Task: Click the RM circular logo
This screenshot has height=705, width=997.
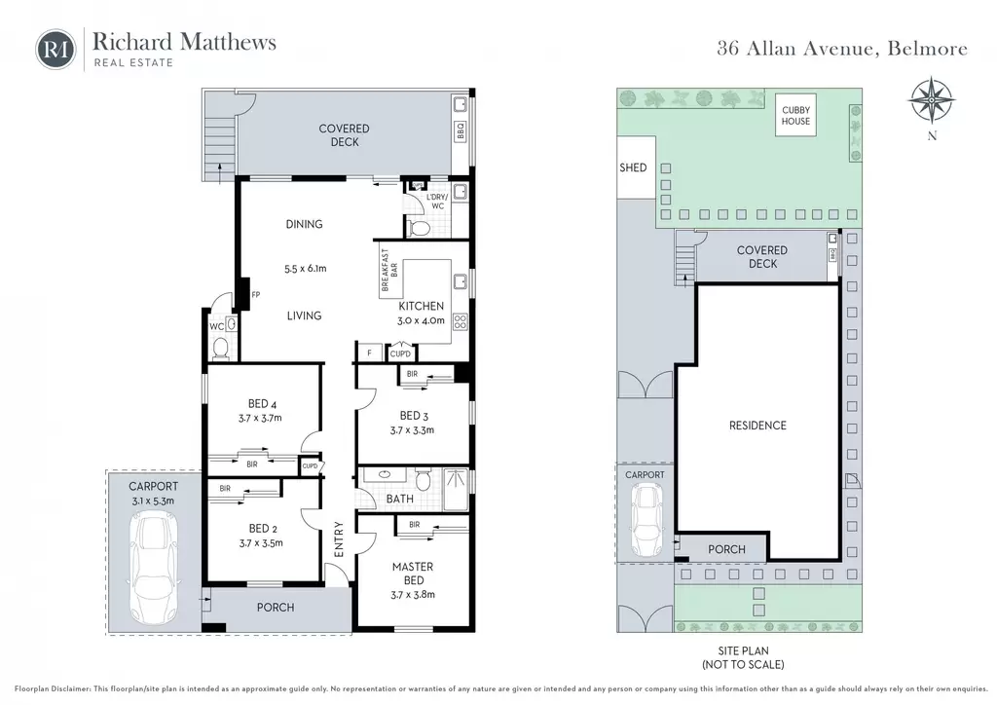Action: (x=55, y=49)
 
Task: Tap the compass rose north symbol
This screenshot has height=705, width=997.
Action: (x=932, y=100)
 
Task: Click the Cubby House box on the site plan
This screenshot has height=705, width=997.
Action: (x=795, y=115)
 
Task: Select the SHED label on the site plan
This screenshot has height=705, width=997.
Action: (x=633, y=167)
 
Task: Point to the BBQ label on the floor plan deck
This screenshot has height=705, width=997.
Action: (x=461, y=131)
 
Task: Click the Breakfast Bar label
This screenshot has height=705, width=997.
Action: (x=388, y=270)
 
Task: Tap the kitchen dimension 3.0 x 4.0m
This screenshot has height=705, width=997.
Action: (x=421, y=320)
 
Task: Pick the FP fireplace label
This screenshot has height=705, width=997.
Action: (x=256, y=295)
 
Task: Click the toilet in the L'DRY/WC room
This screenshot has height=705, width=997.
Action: (x=417, y=228)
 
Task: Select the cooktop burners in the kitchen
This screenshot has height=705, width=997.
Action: (x=461, y=321)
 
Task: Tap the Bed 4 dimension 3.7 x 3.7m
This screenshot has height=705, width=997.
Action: (x=260, y=419)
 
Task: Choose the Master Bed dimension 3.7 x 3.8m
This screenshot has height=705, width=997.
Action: (x=413, y=595)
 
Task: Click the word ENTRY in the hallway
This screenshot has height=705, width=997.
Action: (x=338, y=539)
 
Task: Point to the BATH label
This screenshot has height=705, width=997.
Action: (x=400, y=499)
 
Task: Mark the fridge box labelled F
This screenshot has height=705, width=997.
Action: (x=369, y=352)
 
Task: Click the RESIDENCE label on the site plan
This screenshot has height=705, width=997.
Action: (x=757, y=426)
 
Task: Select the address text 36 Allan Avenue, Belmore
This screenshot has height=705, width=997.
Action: (x=842, y=49)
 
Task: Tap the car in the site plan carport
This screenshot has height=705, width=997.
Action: (x=646, y=520)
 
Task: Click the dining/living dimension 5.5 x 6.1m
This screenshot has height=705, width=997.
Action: (x=305, y=269)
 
